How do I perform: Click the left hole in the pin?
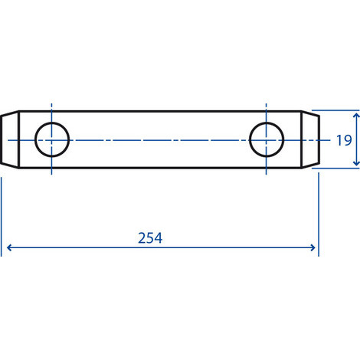pos(52,139)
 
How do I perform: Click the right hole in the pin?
pos(267,139)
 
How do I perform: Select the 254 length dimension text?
pos(151,237)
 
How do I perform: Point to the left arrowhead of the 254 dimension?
pos(9,247)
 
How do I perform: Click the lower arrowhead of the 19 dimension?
pos(357,163)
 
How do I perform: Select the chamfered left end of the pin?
pos(9,139)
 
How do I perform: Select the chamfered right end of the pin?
pos(312,139)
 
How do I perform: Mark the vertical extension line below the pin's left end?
pos(2,214)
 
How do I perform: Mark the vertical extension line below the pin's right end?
pos(317,214)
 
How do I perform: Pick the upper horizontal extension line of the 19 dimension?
pos(337,111)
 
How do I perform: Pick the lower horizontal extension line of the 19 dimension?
pos(337,168)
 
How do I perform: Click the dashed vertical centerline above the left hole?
pos(52,109)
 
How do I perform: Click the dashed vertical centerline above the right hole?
pos(267,109)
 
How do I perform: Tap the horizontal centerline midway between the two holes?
pos(159,139)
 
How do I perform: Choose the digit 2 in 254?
pos(142,237)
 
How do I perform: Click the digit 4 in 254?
pos(159,237)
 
